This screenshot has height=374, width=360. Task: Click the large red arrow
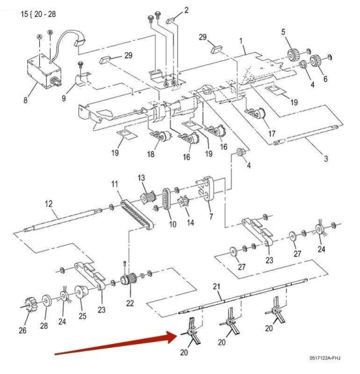point(116,343)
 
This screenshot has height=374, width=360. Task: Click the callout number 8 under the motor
point(26,100)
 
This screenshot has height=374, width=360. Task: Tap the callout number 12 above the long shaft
point(49,204)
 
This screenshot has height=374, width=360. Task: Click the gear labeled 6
point(316,61)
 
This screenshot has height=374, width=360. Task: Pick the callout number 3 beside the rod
point(326,158)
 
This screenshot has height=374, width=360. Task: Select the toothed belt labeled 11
point(138,214)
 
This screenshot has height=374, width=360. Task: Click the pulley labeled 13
point(148,197)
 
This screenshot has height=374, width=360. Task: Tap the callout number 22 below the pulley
point(130,303)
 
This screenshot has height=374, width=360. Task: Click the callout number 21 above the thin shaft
point(216,287)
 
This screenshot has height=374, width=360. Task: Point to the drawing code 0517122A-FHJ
point(325,358)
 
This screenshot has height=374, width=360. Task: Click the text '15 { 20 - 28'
point(38,14)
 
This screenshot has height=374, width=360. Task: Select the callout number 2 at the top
point(186,10)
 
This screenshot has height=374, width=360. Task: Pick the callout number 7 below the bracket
point(211,216)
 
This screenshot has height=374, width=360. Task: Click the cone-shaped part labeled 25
point(82,291)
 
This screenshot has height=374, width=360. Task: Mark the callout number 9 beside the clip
point(64,98)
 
